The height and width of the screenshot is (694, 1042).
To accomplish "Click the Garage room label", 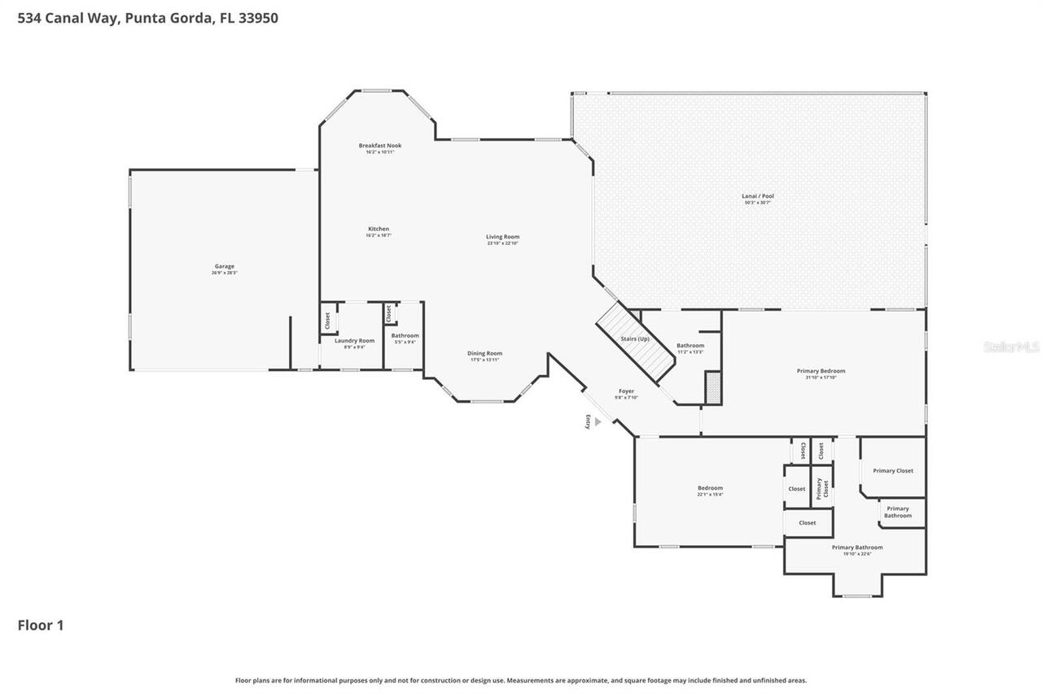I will click(x=224, y=266).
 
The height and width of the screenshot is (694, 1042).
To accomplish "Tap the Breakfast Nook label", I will click(x=379, y=146).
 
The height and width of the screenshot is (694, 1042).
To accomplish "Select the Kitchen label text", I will click(x=379, y=229).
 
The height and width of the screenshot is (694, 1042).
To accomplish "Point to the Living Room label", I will click(x=502, y=237).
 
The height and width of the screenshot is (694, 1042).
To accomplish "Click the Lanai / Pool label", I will click(x=757, y=196).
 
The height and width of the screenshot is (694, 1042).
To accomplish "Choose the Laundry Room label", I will click(x=354, y=340).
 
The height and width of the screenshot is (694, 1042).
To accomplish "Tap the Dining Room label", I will click(x=484, y=353).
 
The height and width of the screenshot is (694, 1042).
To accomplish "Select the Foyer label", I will click(x=626, y=391).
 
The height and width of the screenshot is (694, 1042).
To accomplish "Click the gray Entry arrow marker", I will click(x=598, y=422).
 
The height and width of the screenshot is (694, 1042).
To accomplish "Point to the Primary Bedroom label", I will click(x=821, y=371).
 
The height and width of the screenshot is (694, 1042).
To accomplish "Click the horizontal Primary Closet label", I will click(x=893, y=470).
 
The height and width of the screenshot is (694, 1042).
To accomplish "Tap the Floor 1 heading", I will click(x=41, y=625).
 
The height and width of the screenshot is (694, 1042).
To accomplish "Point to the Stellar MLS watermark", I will click(x=1011, y=347).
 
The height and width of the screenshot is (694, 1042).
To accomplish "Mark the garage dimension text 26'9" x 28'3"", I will click(x=224, y=273).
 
